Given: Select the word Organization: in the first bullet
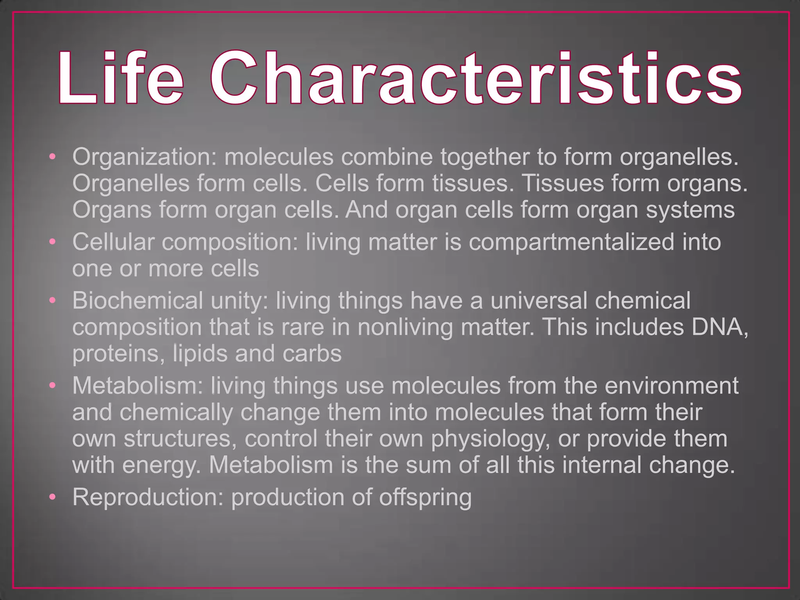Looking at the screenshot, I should (x=144, y=157).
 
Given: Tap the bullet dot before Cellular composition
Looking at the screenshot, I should (x=53, y=242).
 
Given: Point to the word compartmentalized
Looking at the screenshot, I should (x=571, y=242).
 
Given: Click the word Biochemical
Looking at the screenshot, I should (x=137, y=300).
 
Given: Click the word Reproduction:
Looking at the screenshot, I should (x=148, y=497).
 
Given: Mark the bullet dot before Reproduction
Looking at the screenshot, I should (x=53, y=497).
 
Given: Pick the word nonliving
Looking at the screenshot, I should (x=405, y=327).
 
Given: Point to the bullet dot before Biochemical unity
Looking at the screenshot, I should (x=53, y=300).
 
